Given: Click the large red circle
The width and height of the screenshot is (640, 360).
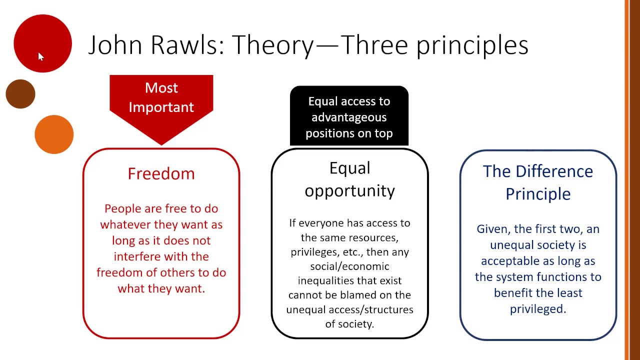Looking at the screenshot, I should (x=42, y=43).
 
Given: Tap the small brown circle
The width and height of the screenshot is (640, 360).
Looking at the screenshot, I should (x=20, y=94).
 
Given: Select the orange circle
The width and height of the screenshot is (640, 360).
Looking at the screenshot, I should (x=54, y=134).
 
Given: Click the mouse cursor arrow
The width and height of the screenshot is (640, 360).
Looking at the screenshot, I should (x=40, y=56).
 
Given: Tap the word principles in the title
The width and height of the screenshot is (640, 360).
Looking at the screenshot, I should (x=472, y=45).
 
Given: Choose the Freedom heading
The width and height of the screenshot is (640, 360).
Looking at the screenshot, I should (x=161, y=173).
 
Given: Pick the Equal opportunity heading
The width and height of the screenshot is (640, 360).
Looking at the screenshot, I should (x=349, y=179).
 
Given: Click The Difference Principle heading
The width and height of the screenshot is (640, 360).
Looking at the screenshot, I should (x=538, y=182).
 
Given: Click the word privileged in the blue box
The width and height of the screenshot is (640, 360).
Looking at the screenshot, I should (x=537, y=309).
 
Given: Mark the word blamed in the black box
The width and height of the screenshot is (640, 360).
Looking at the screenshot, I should (x=365, y=295).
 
